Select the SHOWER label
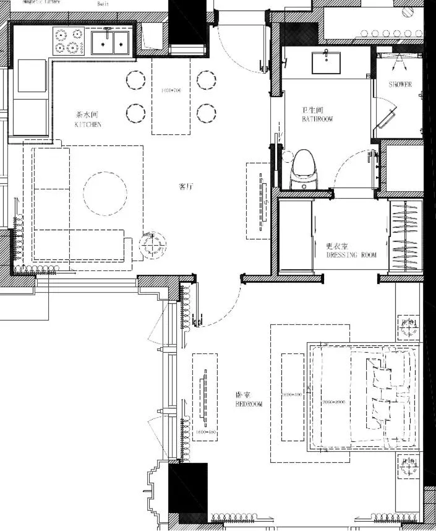click(400, 84)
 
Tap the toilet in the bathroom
click(304, 170)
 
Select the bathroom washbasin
click(326, 62)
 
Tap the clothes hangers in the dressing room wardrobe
click(406, 236)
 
